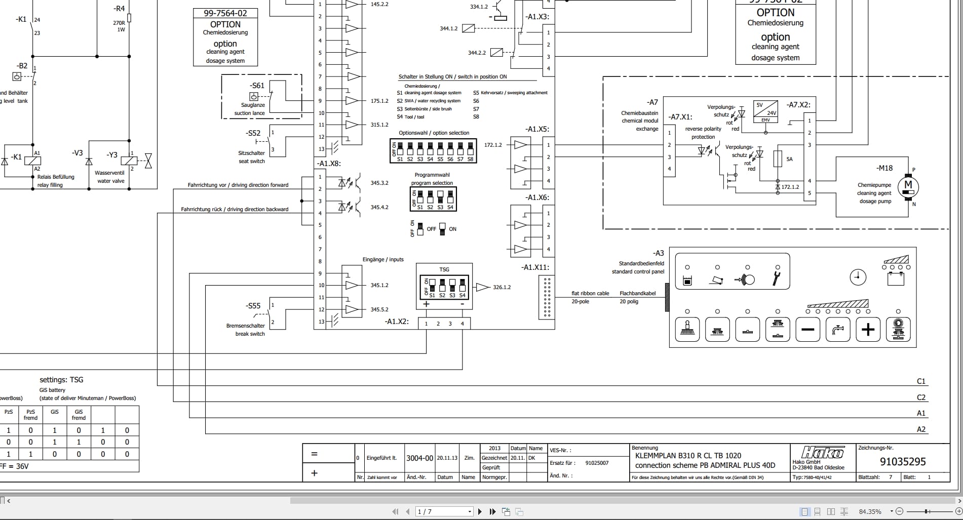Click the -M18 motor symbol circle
[x=908, y=186]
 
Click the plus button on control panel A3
[x=868, y=330]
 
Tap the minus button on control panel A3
[x=807, y=330]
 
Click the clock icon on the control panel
[x=858, y=277]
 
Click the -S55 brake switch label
[x=253, y=306]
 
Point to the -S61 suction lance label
[x=257, y=86]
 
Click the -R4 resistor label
[x=119, y=9]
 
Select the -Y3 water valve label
[x=112, y=155]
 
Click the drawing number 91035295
[x=903, y=461]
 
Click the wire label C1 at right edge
[x=921, y=381]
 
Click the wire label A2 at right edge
[x=921, y=429]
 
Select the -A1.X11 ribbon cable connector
[x=547, y=298]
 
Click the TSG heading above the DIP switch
[x=444, y=269]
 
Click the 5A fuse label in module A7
[x=789, y=159]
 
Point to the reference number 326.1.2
[x=502, y=287]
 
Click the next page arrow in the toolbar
[x=480, y=512]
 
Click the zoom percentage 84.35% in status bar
[x=870, y=512]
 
